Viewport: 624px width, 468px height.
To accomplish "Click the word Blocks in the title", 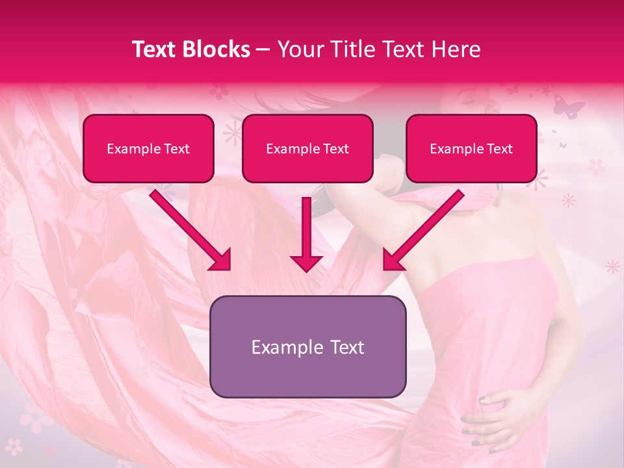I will (218, 49).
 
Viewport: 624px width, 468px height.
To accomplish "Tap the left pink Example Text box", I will (148, 148).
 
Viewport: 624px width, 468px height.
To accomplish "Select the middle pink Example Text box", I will (307, 148).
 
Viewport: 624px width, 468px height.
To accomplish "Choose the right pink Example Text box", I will (471, 148).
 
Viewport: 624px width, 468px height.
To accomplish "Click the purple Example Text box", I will (307, 346).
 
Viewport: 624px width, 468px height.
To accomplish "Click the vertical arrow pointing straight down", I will (306, 234).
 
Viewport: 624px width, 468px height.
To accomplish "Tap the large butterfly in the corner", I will (569, 105).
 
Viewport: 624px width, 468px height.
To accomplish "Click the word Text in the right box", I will (500, 149).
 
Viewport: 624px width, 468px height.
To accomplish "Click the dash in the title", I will (264, 49).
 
